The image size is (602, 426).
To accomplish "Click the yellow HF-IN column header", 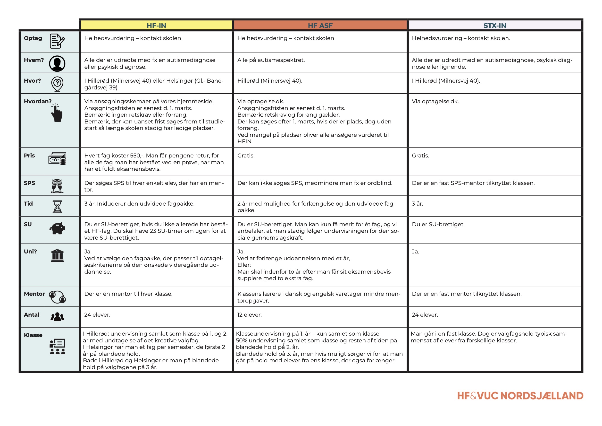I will pos(156,26).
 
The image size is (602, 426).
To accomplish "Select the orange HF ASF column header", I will pos(320,26).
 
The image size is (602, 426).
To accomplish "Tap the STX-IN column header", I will pos(494,26).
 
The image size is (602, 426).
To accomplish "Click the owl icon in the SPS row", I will pos(57,186).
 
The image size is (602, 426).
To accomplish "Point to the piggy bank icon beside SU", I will pos(58,228).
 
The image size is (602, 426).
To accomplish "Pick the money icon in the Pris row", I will pos(58,158).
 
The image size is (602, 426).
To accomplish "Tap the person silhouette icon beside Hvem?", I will pos(57,63).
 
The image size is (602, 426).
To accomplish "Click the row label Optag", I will pos(33,38).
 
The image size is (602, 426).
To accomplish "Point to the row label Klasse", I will pos(33,335).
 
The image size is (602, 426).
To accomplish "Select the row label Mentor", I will pos(34,294).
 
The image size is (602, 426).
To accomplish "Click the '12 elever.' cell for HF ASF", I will pos(249,315).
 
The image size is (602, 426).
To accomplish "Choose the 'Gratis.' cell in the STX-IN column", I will pos(420,156).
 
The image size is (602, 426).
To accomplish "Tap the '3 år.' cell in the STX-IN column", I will pos(417,204).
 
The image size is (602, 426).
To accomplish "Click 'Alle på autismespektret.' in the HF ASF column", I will pos(271,60).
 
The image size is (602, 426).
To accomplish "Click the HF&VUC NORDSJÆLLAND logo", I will pos(520,396).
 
